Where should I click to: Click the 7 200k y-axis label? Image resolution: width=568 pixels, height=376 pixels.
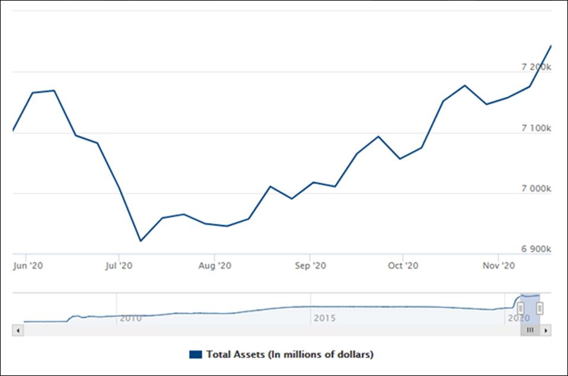tap(537, 68)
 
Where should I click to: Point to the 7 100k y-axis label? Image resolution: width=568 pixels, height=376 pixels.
tap(537, 128)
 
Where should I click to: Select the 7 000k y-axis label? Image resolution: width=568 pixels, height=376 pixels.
tap(537, 189)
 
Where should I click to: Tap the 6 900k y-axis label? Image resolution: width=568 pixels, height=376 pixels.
tap(537, 250)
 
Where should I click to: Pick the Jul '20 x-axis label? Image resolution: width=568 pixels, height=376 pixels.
tap(119, 266)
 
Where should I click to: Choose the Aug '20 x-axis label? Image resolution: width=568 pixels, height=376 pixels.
tap(215, 266)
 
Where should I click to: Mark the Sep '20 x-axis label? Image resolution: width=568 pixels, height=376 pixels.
tap(311, 266)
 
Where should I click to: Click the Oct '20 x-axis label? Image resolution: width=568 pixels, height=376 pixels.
tap(403, 266)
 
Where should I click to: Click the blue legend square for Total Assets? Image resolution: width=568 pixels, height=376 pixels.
tap(195, 355)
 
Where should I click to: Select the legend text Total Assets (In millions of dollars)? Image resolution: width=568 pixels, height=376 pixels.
tap(289, 355)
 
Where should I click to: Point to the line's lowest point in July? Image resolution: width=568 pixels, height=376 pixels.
tap(141, 241)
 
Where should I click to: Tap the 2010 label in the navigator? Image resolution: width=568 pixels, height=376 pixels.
tap(130, 318)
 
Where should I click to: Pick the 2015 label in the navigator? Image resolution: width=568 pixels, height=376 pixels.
tap(324, 318)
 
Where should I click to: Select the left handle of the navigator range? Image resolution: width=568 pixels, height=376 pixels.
tap(521, 308)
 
